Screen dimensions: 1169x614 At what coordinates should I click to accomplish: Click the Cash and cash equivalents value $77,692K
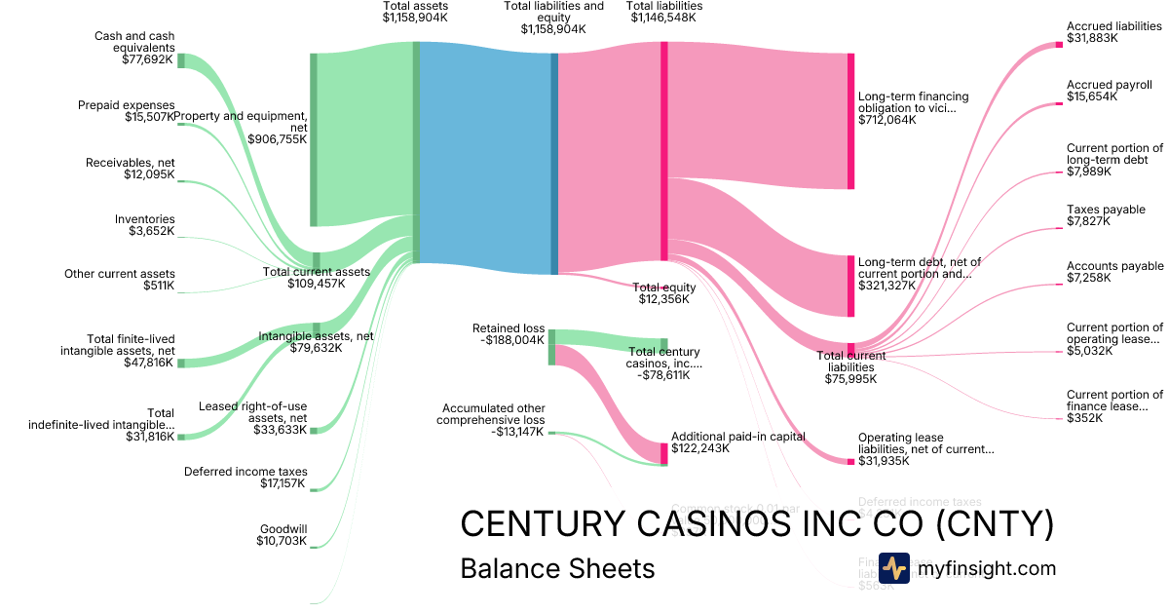click(142, 59)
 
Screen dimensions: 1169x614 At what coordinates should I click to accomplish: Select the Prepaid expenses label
click(127, 105)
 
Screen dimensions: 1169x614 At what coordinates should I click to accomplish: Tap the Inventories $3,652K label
click(144, 225)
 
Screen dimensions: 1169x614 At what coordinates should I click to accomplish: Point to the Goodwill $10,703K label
click(282, 534)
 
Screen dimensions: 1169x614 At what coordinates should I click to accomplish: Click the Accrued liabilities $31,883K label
click(1114, 33)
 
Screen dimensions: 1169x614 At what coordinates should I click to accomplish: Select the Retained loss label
click(509, 329)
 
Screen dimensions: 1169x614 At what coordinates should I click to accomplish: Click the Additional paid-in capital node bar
click(664, 452)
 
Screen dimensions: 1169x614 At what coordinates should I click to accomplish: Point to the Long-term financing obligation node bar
click(850, 121)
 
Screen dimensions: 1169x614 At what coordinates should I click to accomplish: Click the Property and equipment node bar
click(314, 139)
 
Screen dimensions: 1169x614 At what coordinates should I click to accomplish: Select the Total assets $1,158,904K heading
click(416, 12)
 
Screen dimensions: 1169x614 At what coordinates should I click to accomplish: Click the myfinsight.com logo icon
click(893, 568)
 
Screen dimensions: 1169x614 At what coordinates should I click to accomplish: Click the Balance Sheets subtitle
click(557, 568)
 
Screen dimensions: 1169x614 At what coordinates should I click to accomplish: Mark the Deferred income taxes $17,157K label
click(245, 478)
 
